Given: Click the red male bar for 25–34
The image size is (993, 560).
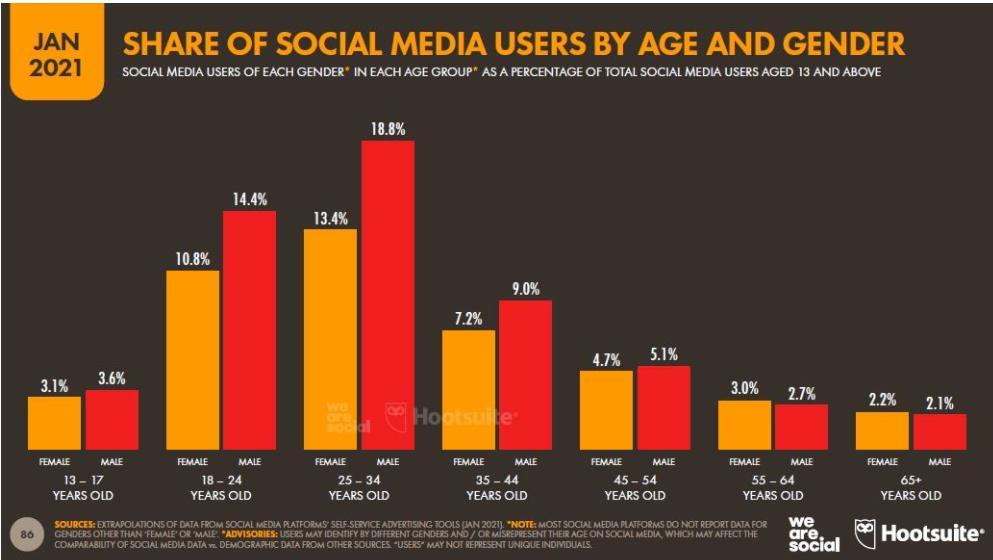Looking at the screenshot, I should point(388,295).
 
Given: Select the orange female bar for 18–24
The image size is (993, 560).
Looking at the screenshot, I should point(193,359).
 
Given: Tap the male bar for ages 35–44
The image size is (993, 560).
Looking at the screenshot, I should point(525,374).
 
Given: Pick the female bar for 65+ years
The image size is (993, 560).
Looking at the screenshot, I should point(882,430).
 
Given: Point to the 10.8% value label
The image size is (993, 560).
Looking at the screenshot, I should point(192,259).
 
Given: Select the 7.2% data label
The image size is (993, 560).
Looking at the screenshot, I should point(468,319).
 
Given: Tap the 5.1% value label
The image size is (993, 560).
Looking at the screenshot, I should point(663,354).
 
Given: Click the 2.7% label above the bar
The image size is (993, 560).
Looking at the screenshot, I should point(801,392).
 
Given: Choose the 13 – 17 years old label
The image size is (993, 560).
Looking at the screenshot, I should point(82,488).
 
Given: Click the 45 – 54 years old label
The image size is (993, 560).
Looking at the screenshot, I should point(635,488).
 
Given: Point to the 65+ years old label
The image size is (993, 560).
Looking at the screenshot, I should point(910,488).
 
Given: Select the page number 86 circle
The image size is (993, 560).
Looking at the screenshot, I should point(28,532).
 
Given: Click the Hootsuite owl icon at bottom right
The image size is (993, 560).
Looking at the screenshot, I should point(866,532).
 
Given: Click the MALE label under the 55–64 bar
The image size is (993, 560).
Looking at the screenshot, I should point(801,462).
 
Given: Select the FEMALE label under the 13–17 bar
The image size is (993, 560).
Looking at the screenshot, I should point(54,462).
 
